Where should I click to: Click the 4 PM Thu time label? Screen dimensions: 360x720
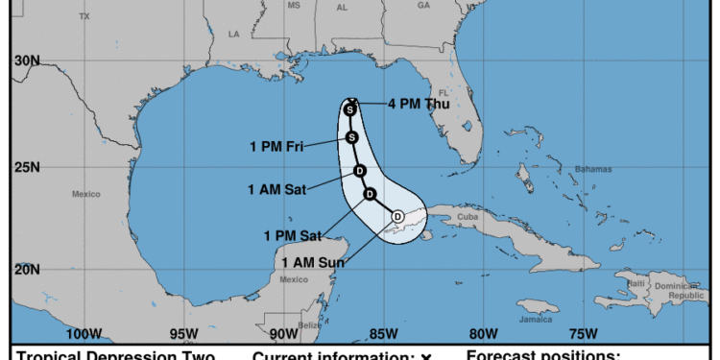click(418, 105)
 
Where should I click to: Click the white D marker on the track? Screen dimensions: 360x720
click(397, 217)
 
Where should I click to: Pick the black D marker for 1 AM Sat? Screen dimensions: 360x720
click(359, 172)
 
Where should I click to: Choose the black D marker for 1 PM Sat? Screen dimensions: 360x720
click(370, 195)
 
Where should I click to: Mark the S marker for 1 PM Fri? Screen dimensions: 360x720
click(352, 137)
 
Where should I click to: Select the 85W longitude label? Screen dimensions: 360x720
click(382, 334)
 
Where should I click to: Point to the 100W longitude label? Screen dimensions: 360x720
click(84, 334)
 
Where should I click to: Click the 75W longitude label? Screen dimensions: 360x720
click(584, 334)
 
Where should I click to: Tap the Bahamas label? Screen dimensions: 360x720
click(593, 169)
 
